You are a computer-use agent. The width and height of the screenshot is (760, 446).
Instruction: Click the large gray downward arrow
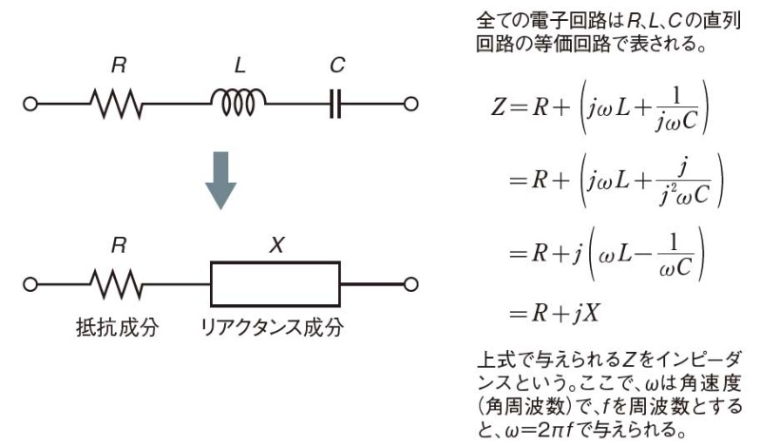click(220, 180)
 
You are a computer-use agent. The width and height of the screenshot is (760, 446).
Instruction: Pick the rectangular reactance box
click(275, 283)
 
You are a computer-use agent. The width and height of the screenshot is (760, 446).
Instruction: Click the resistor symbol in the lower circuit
click(117, 283)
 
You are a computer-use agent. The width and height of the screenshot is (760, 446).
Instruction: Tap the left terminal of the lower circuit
click(31, 283)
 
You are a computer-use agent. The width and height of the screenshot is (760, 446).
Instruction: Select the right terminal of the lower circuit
click(410, 283)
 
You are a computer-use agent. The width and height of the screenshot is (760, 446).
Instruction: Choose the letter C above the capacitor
click(338, 67)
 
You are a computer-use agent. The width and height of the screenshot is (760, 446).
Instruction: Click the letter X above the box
click(275, 244)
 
